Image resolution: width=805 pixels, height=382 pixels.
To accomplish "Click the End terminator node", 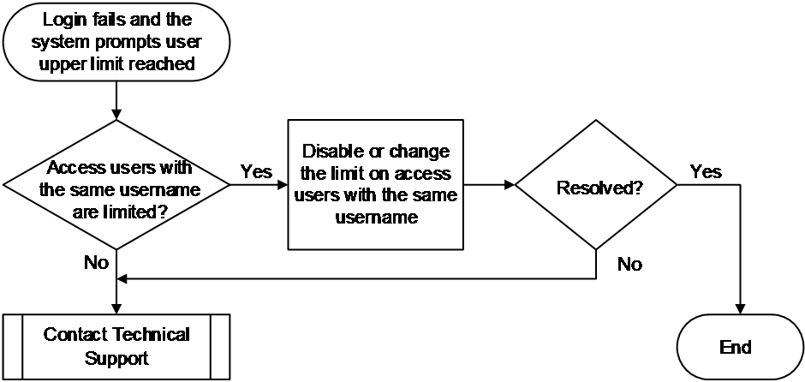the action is point(739,347).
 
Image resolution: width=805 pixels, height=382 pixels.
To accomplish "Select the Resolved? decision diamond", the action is point(596,185).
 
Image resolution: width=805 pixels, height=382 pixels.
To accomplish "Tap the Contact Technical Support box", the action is point(116,347).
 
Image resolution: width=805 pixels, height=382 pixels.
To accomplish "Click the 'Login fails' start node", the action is point(116,42).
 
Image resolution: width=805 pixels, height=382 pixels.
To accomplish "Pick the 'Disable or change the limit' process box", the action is point(375,185).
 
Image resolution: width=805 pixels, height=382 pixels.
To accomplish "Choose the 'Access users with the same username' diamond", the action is point(116,185).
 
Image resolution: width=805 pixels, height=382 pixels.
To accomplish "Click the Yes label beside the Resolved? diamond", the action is point(706,171).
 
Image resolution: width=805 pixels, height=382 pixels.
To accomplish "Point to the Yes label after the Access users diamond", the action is point(256,171).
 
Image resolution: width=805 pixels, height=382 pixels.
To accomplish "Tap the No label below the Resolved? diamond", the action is point(629,265).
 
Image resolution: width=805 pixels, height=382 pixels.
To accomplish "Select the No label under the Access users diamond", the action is point(97,263).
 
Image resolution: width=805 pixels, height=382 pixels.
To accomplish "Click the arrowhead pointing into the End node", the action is point(740,309).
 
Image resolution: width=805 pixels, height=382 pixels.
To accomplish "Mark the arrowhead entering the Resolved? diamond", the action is point(510,185).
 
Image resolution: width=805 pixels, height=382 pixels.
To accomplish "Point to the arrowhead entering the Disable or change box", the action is point(283,185).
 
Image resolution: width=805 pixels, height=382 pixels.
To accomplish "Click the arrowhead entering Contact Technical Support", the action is point(116,309).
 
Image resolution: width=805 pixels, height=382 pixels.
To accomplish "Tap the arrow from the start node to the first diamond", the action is point(116,100).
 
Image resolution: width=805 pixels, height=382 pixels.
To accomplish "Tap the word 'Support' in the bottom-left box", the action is point(116,358).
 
